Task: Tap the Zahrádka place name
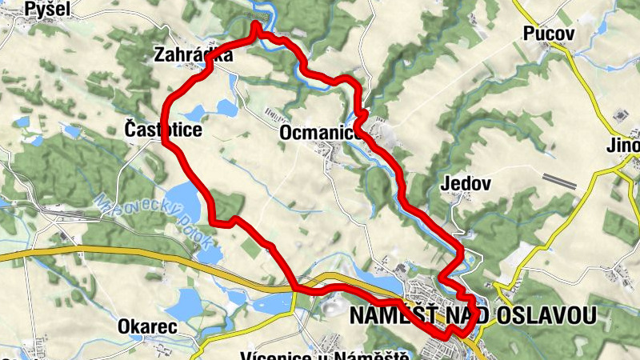click(x=196, y=55)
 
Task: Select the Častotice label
click(x=163, y=129)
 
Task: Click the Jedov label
click(x=465, y=183)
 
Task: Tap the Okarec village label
click(x=143, y=326)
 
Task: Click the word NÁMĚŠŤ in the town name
click(x=393, y=315)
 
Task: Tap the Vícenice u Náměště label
click(x=325, y=355)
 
